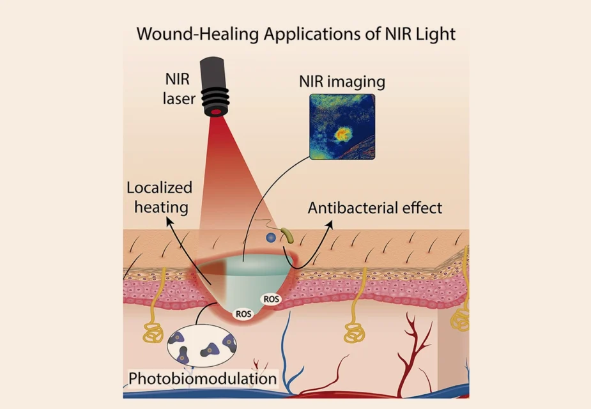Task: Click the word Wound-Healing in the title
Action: point(197,34)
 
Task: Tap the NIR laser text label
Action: point(179,89)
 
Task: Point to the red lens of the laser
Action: point(216,112)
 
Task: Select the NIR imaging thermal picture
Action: point(342,127)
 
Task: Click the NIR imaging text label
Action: point(342,81)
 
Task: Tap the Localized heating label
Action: point(160,197)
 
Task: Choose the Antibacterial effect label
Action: point(375,208)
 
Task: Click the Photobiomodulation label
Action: point(203,378)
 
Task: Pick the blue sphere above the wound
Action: point(271,238)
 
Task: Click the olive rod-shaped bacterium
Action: point(288,235)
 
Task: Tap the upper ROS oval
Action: point(272,299)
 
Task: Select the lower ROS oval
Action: point(243,314)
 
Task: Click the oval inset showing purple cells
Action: point(202,346)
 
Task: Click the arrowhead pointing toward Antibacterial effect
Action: point(330,224)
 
